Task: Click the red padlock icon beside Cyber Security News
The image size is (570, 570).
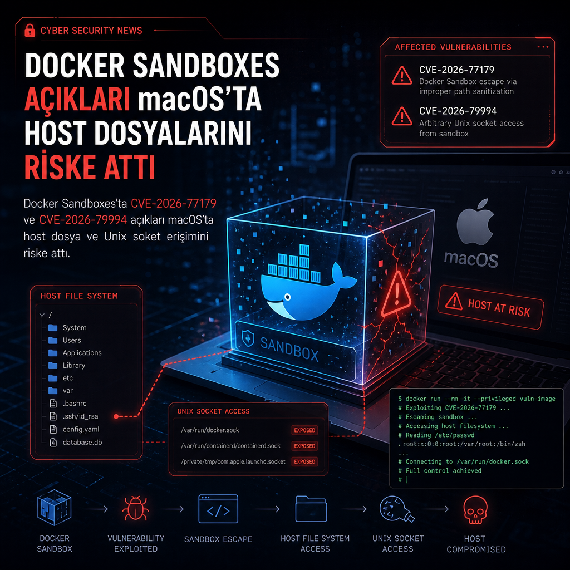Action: coord(30,31)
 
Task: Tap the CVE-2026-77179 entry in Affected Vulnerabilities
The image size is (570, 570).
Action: coord(456,70)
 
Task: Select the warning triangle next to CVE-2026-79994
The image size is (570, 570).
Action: coord(402,116)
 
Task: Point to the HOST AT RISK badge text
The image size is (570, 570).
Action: coord(499,307)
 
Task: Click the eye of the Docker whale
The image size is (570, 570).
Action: coord(287,297)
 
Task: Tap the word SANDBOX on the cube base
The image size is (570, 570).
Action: coord(289,348)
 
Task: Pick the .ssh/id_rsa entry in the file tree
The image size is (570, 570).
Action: coord(80,416)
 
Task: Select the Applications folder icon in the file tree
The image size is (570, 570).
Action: coord(53,352)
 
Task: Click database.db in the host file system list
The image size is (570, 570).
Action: coord(82,443)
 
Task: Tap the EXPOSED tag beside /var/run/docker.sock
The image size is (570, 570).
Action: coord(304,430)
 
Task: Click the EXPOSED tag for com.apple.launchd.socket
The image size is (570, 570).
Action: coord(304,461)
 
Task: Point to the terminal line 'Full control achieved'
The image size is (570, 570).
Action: coord(443,470)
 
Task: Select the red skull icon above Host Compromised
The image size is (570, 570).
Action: coord(475,510)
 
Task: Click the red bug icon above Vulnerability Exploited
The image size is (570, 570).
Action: coord(136,508)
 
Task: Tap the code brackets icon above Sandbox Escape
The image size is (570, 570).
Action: coord(218,509)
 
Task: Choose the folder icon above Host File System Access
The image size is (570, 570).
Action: coord(311,509)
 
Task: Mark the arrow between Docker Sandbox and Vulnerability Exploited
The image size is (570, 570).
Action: coord(95,509)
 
